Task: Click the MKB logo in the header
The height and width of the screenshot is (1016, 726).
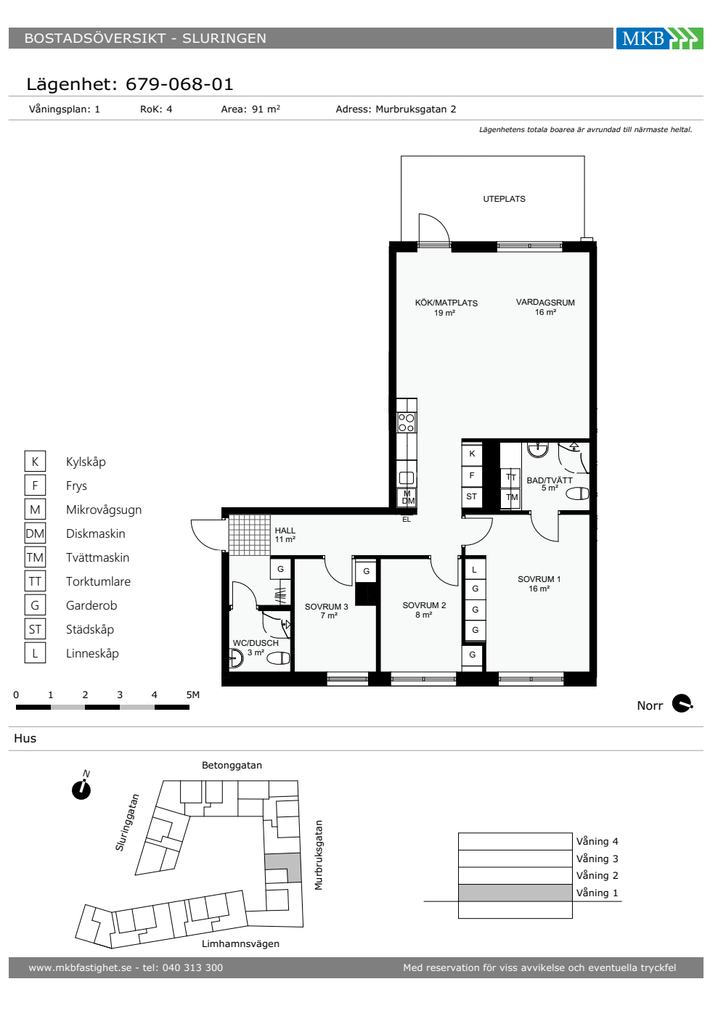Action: point(659,38)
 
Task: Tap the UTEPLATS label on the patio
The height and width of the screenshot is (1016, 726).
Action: point(504,199)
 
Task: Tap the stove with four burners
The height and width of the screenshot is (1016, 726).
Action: point(407,422)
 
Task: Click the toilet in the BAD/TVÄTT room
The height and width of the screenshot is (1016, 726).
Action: point(577,493)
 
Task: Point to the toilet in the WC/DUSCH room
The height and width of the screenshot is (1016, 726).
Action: point(278,657)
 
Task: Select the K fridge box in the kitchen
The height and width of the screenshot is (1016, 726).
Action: point(472,454)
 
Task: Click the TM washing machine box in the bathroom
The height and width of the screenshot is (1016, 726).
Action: point(511,497)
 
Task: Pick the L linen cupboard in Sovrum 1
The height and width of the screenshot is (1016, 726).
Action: point(474,570)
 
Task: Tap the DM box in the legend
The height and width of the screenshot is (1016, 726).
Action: point(35,533)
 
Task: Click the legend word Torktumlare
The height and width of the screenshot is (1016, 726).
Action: point(98,581)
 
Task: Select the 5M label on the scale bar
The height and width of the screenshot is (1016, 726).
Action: point(193,695)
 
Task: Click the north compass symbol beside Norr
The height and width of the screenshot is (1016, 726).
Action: point(682,704)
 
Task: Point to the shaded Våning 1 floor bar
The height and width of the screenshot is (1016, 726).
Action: point(515,893)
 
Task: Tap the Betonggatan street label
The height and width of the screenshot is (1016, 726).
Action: point(232,766)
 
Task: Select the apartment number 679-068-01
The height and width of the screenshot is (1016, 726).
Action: point(179,84)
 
